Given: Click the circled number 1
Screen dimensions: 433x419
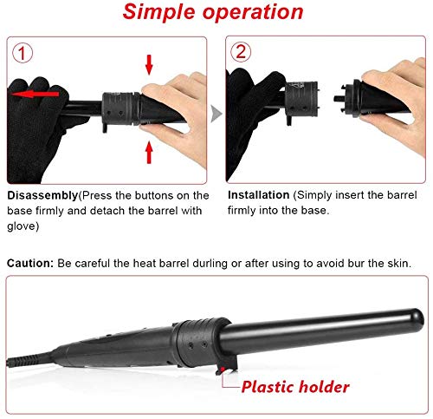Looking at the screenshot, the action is coord(23,53).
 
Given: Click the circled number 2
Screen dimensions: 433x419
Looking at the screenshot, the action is coord(241,52).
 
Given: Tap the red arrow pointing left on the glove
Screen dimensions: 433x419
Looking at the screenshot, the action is coord(35,94).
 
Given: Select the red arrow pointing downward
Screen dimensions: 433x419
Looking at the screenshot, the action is coord(149,65).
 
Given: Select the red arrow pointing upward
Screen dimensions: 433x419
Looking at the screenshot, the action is coord(149,152).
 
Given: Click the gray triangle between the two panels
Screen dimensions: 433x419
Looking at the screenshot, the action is coord(216,114).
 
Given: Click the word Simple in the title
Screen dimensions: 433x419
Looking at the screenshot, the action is coord(159,12).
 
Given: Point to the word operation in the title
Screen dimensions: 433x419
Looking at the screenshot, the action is coord(253,11).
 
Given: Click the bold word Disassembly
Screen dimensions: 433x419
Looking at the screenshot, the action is coord(42,196).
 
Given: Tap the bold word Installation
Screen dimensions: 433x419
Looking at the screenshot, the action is coord(258,195).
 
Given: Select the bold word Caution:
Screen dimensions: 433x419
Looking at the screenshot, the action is coord(30,263).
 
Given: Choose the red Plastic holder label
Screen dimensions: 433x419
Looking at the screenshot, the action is coord(295,387).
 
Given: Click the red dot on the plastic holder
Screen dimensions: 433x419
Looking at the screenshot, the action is coord(223,370).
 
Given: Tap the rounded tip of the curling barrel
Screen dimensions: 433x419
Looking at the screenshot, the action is coord(418,318).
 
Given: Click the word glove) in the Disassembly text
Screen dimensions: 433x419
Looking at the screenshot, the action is coord(23,226).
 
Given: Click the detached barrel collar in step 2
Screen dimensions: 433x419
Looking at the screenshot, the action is coord(301,100).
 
